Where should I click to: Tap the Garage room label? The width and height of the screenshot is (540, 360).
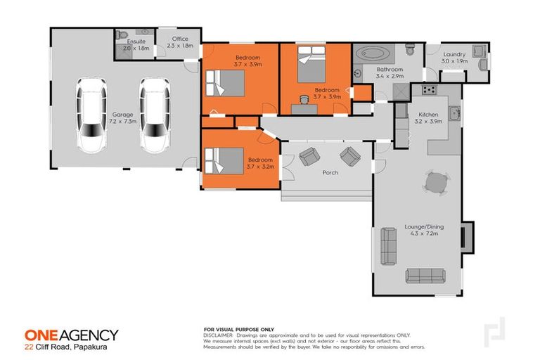click(x=122, y=118)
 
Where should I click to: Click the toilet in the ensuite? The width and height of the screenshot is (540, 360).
click(x=123, y=34)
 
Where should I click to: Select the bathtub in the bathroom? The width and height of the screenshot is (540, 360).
click(x=373, y=53)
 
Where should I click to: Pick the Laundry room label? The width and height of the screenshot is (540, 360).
click(x=454, y=57)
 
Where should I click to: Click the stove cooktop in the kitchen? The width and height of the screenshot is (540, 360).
click(x=428, y=90)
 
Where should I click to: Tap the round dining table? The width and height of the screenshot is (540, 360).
click(x=435, y=183)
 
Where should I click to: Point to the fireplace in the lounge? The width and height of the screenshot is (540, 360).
click(x=466, y=236)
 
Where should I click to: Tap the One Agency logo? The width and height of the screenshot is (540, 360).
click(x=71, y=335)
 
